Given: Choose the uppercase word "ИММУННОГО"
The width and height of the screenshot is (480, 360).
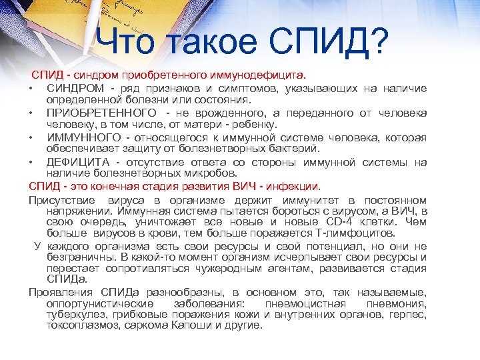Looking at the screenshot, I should click(x=81, y=137).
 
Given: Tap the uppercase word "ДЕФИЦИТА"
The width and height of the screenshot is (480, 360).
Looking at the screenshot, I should click(x=78, y=161).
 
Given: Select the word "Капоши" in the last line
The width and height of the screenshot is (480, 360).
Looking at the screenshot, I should click(x=175, y=327).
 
